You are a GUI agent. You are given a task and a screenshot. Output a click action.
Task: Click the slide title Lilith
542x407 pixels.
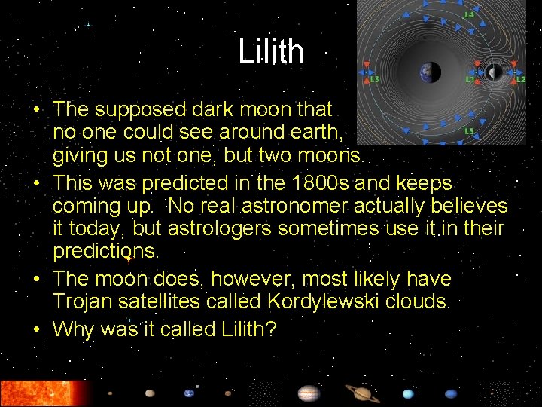click(x=271, y=52)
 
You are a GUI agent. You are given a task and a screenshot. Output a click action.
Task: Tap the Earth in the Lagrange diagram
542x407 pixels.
click(x=431, y=72)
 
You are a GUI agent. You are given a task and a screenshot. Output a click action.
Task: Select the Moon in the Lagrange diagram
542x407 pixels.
click(x=495, y=72)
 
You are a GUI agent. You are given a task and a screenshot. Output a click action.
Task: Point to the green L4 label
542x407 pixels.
click(x=468, y=14)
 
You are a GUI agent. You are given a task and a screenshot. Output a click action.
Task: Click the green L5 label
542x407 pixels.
click(x=468, y=131)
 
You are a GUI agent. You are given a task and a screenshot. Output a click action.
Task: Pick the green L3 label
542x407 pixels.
click(x=374, y=78)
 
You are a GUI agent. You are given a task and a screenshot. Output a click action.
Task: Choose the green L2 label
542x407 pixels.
click(x=520, y=78)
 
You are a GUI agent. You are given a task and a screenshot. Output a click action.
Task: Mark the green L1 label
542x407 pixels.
click(x=469, y=78)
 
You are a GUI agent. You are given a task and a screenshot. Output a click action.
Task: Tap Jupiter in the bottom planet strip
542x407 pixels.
click(x=309, y=393)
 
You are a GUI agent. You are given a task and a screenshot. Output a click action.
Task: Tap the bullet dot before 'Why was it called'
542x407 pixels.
click(x=38, y=329)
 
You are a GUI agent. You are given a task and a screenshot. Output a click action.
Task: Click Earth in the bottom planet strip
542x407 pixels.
click(x=189, y=393)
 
